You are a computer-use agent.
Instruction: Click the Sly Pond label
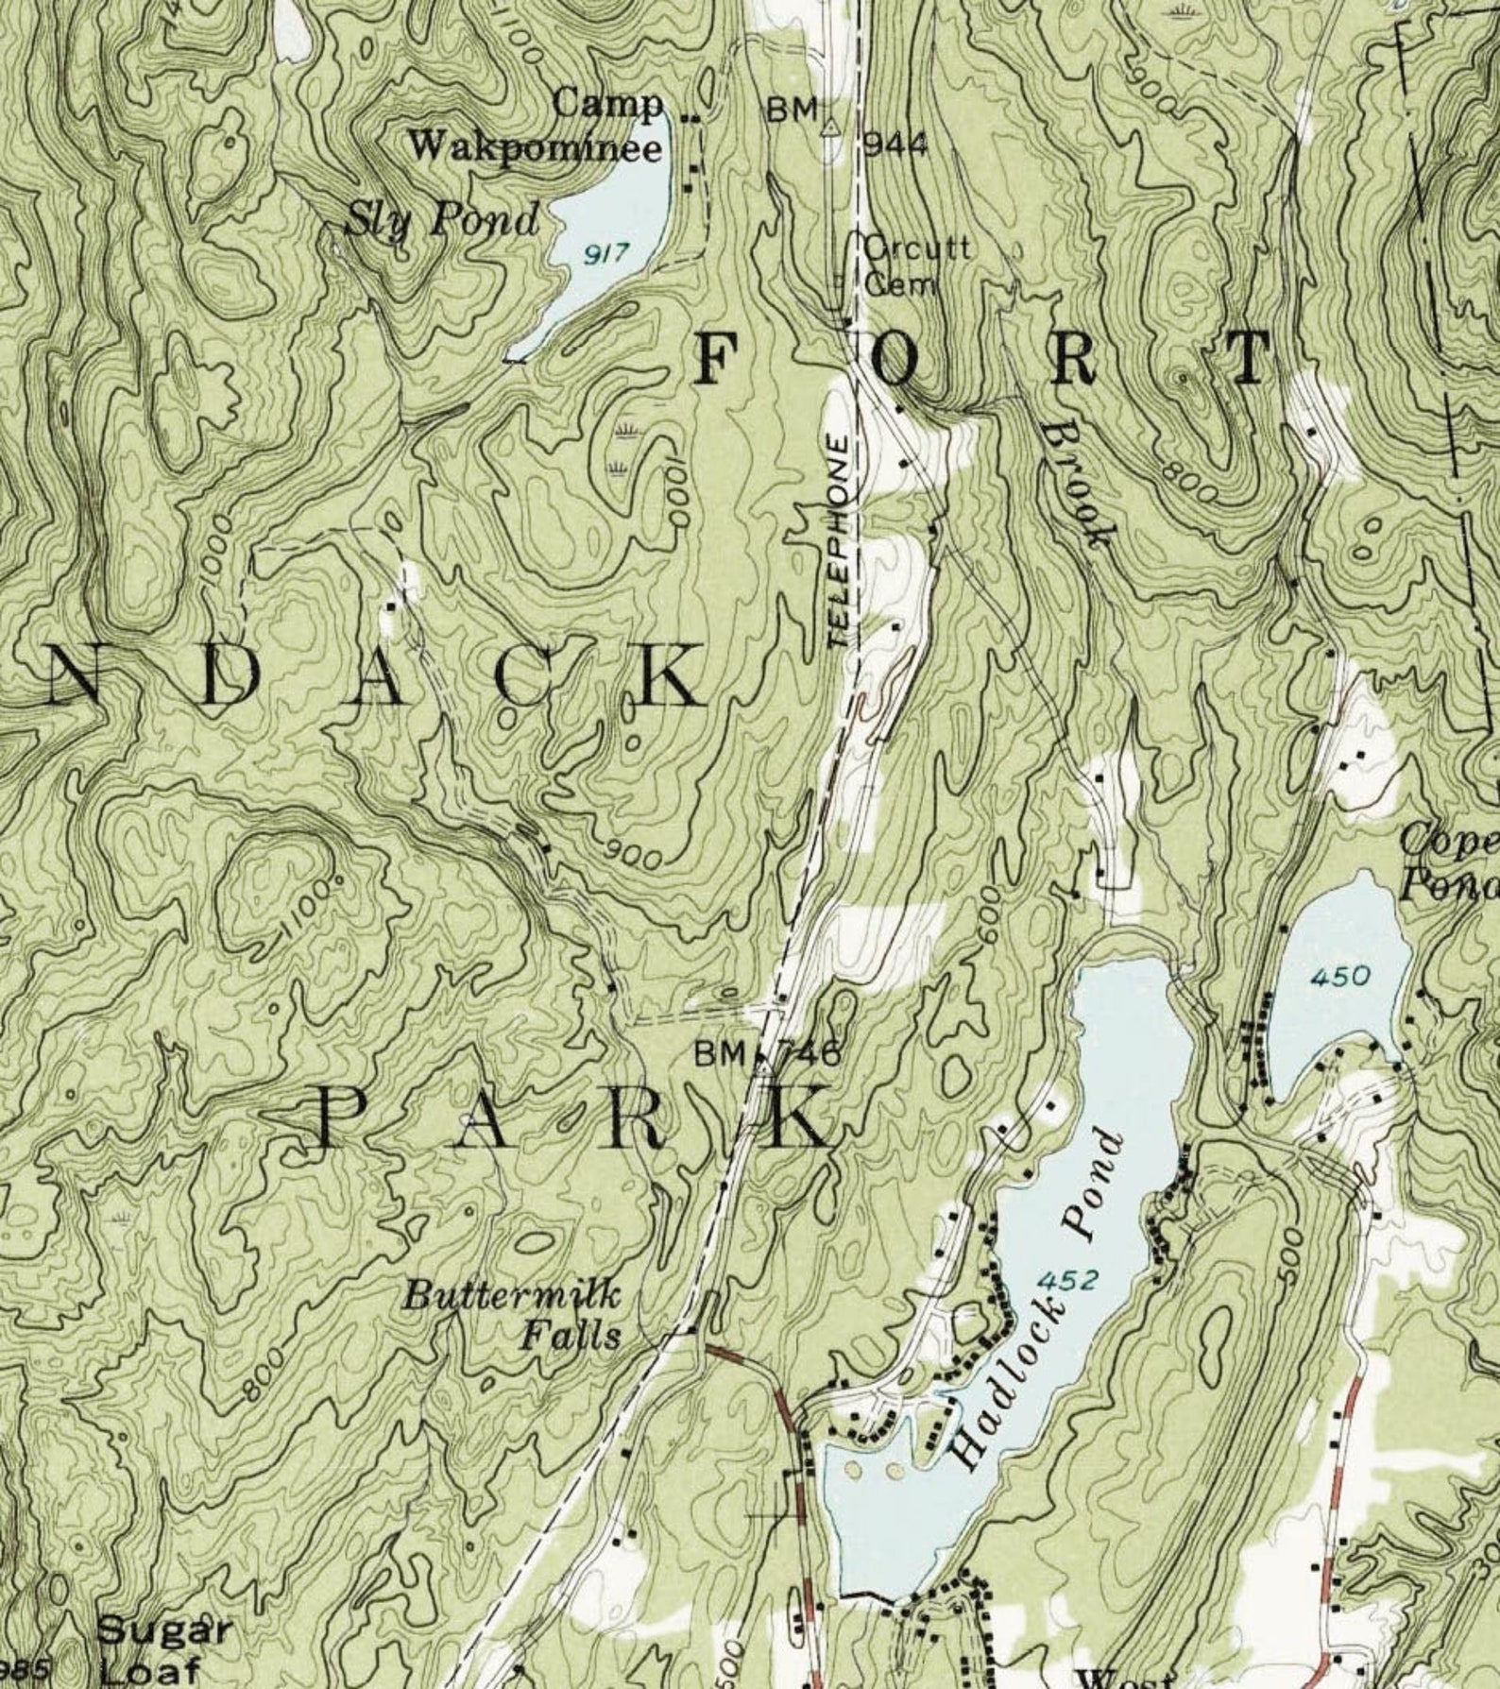pos(441,222)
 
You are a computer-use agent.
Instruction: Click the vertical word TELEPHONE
pos(839,541)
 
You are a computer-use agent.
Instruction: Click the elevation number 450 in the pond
pos(1339,976)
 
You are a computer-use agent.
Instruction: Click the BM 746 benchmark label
pos(765,1052)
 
